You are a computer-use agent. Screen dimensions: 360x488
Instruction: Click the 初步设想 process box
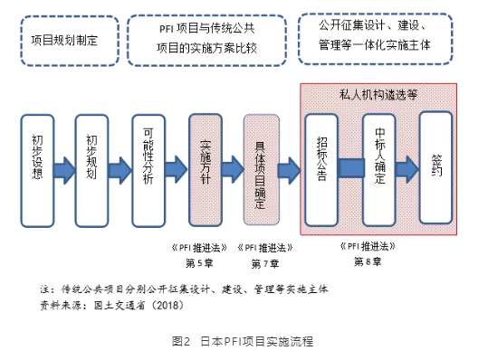pyautogui.click(x=37, y=170)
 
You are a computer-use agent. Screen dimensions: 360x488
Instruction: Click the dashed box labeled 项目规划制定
pyautogui.click(x=64, y=42)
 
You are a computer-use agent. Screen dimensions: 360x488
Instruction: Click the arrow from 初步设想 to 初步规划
pyautogui.click(x=65, y=170)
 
